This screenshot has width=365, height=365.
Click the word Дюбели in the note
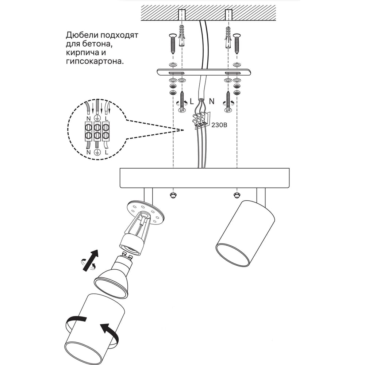tap(81, 35)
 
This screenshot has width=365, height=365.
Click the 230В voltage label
tap(219, 125)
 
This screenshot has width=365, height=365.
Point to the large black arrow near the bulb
tap(91, 260)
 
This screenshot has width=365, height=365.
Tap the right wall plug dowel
tap(228, 37)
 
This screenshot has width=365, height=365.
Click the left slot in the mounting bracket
tap(177, 73)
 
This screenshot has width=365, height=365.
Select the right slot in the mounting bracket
tap(233, 73)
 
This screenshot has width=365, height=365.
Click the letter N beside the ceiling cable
tap(212, 101)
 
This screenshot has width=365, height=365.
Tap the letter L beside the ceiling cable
tap(192, 101)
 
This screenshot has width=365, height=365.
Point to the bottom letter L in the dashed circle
tap(106, 153)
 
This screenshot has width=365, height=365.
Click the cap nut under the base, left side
tap(173, 195)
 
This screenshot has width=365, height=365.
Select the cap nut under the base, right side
tap(237, 195)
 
